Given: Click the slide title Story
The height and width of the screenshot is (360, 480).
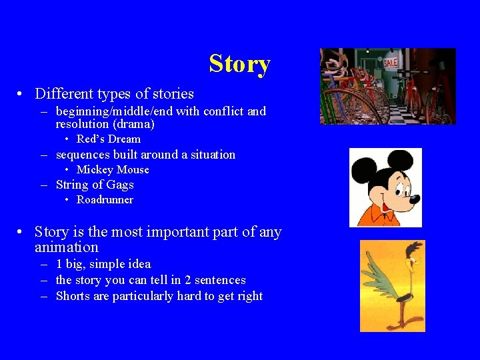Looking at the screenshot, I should (x=239, y=64).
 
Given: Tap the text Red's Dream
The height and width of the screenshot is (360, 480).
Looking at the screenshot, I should (x=109, y=139).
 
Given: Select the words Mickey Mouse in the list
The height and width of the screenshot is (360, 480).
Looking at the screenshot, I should (x=113, y=170).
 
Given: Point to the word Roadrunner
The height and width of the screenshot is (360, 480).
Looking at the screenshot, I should (x=105, y=200).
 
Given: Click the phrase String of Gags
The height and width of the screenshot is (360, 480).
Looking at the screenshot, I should (x=95, y=185).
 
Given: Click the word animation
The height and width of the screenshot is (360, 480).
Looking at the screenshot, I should (x=67, y=247).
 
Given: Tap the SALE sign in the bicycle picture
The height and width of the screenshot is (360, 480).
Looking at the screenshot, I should (x=390, y=63).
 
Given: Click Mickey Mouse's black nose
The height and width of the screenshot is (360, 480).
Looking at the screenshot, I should (x=415, y=199).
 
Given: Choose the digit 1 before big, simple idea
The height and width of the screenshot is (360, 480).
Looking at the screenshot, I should (x=59, y=265).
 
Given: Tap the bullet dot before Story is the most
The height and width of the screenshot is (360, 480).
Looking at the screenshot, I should (x=22, y=232).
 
